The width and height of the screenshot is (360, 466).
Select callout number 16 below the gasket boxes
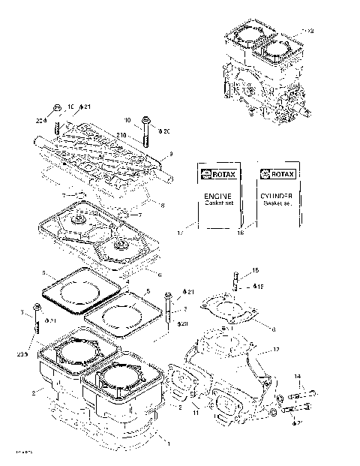pos(240,233)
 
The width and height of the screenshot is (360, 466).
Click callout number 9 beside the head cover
pos(171,154)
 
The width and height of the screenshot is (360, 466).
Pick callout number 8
pos(162,204)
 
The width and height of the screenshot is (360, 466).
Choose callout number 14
pos(296,376)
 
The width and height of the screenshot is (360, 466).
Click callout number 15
pos(254,269)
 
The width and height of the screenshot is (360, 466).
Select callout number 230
pos(22,354)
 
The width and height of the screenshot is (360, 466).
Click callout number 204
pos(40,120)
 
